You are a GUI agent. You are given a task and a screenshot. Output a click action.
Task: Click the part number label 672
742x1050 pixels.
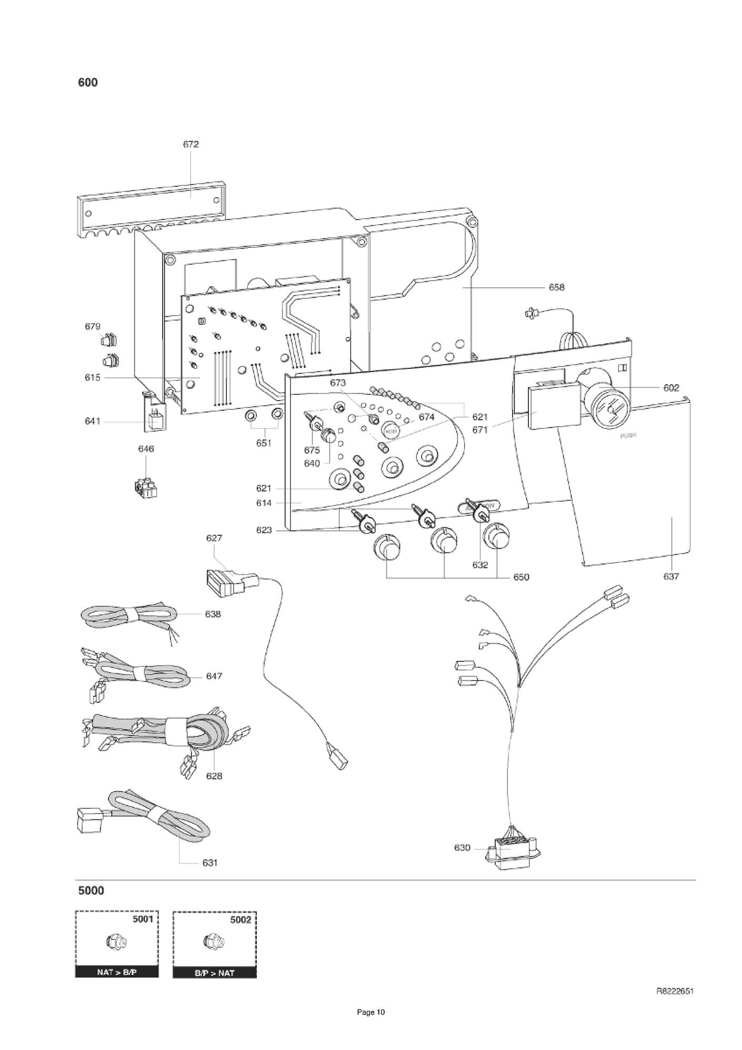pos(190,144)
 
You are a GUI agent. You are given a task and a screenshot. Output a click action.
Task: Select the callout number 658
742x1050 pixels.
pos(556,287)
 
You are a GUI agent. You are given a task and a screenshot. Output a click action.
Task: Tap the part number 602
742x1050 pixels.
pos(671,388)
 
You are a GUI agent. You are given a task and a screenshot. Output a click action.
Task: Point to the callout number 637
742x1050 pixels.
pos(671,576)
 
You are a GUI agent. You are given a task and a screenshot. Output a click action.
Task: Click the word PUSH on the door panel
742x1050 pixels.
pos(628,436)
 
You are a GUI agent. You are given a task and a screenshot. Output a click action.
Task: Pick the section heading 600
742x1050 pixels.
pos(88,83)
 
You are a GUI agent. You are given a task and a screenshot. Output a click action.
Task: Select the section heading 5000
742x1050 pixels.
pos(91,891)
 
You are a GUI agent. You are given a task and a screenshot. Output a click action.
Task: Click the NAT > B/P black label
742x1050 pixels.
pos(117,972)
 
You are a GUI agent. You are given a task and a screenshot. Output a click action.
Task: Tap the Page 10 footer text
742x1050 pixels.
pos(371,1027)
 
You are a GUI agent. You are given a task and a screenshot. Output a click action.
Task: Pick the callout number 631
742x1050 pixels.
pos(210,863)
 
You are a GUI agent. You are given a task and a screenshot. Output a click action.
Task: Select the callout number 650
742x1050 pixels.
pos(521,577)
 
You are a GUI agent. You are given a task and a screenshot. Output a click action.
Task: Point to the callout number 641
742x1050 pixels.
pos(93,422)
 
